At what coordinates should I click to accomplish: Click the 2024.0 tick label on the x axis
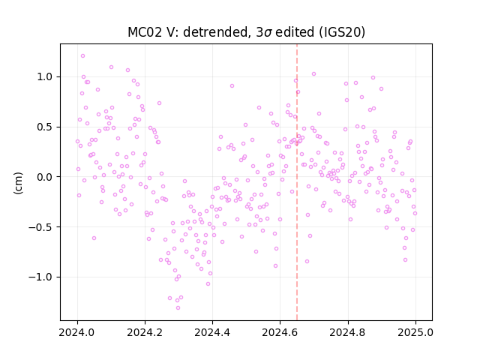coord(77,332)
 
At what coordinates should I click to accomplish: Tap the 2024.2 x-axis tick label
coord(145,332)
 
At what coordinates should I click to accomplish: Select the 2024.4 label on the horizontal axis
coord(212,332)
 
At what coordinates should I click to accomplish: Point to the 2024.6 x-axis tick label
coord(280,332)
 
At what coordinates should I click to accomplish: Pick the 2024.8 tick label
coord(348,332)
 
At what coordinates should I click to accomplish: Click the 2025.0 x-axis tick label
coord(415,332)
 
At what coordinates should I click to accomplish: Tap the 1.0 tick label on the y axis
coord(45,76)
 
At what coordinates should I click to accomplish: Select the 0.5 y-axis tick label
coord(45,127)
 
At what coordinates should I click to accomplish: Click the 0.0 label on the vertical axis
coord(45,177)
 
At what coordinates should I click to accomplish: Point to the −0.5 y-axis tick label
coord(40,227)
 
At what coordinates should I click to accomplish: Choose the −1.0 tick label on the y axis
coord(40,277)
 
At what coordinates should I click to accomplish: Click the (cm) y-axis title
coord(18,183)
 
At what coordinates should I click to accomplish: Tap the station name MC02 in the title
coord(145,32)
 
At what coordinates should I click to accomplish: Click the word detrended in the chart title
coord(215,32)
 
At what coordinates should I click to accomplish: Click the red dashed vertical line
coord(297,182)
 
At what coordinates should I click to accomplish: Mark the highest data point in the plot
coord(82,56)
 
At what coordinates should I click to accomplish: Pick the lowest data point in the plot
coord(178,308)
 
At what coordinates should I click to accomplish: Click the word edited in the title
coord(295,32)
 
